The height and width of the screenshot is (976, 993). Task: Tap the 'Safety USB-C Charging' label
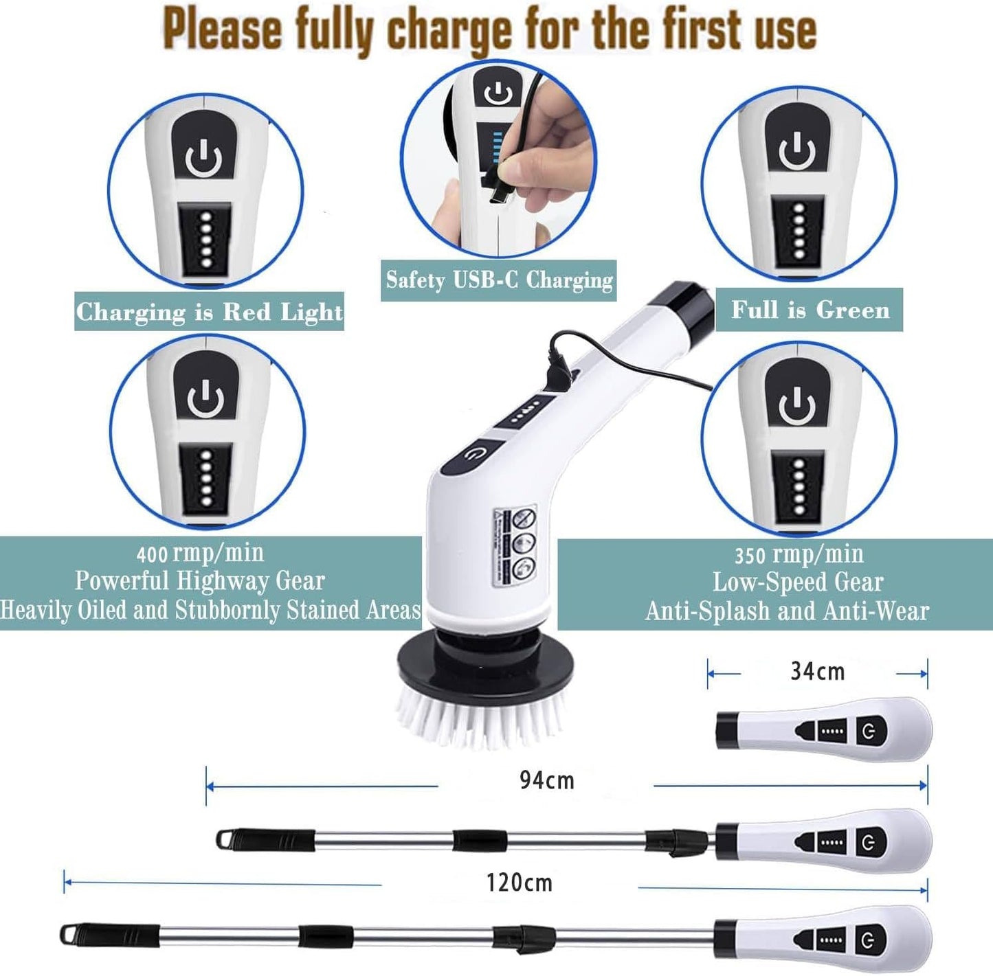499,280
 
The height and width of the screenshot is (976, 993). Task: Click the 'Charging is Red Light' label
209,312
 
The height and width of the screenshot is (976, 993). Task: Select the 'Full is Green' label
810,310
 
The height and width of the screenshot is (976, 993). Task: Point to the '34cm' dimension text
817,671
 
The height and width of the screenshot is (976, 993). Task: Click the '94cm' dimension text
546,780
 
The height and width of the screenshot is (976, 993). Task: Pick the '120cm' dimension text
519,883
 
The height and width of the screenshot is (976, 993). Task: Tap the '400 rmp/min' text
200,553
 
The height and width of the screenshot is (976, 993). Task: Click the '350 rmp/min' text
799,554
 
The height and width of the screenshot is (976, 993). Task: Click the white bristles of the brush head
481,718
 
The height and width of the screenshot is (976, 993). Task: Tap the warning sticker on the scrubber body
515,547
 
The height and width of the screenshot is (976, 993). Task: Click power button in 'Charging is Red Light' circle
203,157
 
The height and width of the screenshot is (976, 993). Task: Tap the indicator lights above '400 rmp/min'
205,479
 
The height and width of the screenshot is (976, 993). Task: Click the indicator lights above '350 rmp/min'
799,487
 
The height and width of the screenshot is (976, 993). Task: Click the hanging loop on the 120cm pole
69,935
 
